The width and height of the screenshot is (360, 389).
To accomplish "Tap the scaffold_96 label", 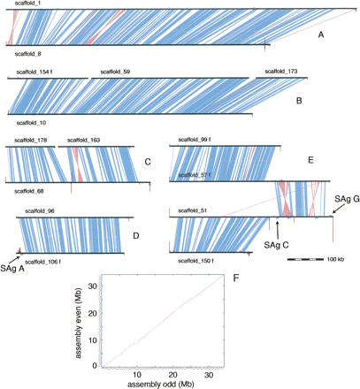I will [x=40, y=211].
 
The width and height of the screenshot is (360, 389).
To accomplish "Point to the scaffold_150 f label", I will [x=196, y=262].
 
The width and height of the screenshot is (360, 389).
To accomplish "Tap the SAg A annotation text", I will [x=12, y=268].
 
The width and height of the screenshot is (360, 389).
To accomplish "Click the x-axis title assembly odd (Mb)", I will [x=155, y=384].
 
